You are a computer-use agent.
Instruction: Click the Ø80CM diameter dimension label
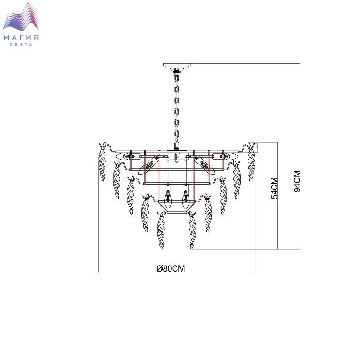coord(171,268)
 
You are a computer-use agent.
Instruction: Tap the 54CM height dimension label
coord(274,188)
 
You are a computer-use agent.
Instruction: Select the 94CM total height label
coord(297,182)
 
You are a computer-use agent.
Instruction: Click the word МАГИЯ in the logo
coord(21,38)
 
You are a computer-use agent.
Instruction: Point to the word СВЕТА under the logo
coord(21,45)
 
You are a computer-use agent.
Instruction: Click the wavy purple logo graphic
coord(21,16)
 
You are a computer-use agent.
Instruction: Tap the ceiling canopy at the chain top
coord(177,66)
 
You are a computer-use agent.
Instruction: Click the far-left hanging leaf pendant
coord(102,162)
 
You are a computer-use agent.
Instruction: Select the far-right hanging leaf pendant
coord(251,162)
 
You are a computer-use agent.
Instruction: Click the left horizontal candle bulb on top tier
coord(125,156)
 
